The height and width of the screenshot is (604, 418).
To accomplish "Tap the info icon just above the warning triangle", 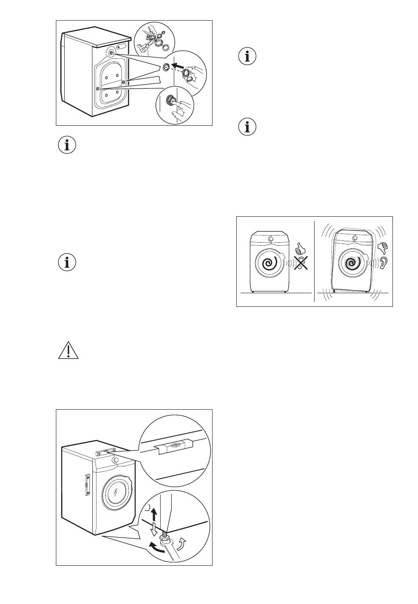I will point(67,262).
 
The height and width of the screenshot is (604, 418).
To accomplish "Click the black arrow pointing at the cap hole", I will point(178,66).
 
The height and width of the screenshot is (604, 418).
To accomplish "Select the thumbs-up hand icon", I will point(301,249).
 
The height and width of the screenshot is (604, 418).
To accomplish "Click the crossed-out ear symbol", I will point(301,263).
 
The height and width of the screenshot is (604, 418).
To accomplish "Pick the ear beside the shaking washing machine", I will point(384,263).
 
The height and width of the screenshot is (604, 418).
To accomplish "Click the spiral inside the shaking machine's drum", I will point(351,263).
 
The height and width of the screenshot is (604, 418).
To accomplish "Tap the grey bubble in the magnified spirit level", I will point(175,445).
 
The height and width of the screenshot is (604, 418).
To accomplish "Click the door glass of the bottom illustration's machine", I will point(115,492).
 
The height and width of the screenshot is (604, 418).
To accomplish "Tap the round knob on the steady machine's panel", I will point(270,239).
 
